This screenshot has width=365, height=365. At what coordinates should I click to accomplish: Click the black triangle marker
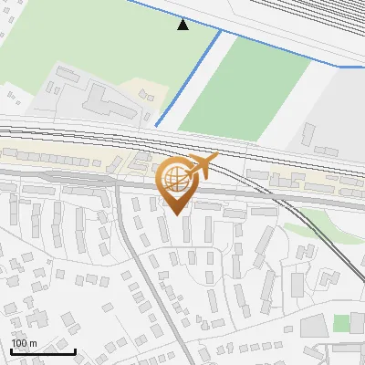(182, 25)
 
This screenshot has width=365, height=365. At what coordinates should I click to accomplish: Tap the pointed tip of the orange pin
(174, 213)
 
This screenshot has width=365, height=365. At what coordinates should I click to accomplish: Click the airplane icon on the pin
(203, 167)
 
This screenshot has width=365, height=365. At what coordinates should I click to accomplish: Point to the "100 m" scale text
(24, 343)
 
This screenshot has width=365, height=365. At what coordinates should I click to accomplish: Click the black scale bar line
(43, 351)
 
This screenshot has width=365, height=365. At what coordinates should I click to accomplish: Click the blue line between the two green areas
(189, 78)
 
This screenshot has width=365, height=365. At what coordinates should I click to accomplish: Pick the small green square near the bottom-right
(341, 323)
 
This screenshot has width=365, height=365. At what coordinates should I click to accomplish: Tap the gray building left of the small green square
(314, 326)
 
